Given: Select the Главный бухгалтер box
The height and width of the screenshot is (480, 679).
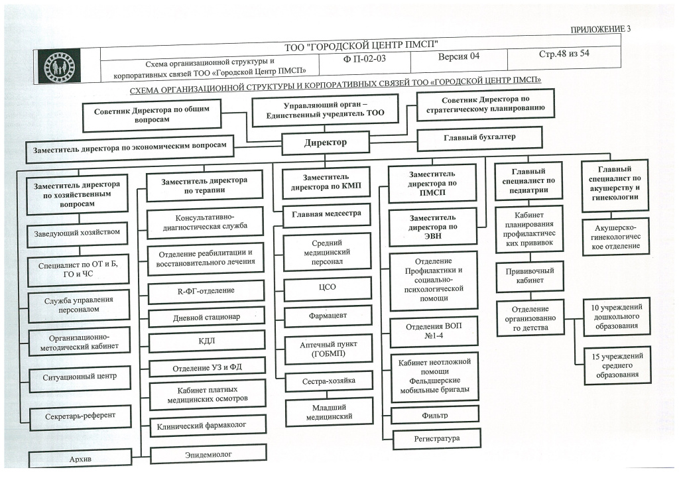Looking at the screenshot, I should [479, 138].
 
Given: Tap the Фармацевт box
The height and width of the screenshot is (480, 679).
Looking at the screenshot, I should [327, 315].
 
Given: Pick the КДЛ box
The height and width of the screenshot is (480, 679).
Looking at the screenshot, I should [207, 342].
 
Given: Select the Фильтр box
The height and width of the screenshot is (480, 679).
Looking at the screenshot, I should [434, 415].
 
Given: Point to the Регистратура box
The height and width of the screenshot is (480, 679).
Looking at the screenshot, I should [436, 438].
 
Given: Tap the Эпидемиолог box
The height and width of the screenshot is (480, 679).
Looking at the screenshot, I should [208, 455].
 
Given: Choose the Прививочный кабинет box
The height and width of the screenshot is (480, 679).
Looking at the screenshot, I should [529, 276].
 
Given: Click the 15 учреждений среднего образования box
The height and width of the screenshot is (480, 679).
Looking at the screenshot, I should [616, 365].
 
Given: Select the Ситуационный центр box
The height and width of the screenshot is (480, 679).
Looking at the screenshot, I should [79, 377].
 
